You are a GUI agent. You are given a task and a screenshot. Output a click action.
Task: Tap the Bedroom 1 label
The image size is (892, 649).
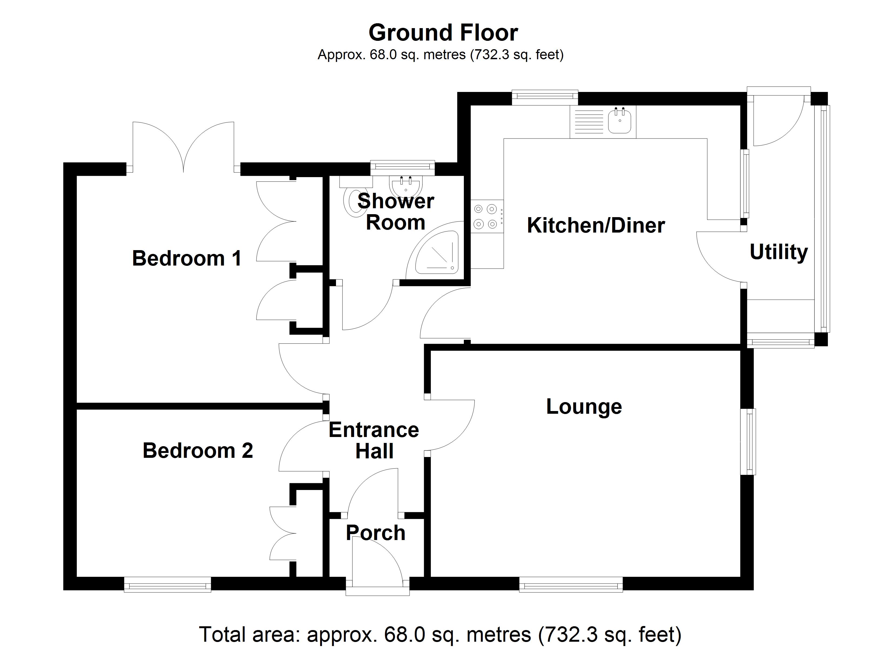click(x=187, y=259)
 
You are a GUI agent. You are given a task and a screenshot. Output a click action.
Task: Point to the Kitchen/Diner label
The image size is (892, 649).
click(x=595, y=226)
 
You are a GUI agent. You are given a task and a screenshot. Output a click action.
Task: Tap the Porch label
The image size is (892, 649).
click(x=376, y=533)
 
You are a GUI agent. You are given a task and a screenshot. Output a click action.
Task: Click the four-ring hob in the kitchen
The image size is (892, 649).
click(x=486, y=216)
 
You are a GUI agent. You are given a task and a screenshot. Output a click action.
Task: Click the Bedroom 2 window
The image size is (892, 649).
click(x=168, y=584)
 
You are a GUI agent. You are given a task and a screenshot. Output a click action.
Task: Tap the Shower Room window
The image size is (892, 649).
click(x=402, y=168)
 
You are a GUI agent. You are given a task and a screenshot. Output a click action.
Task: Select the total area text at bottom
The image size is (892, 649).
click(x=440, y=634)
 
